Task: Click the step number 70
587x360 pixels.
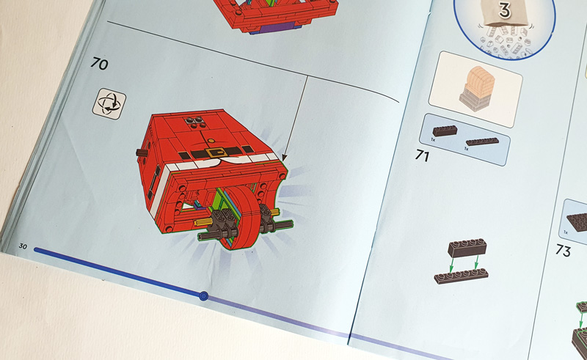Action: click(x=99, y=63)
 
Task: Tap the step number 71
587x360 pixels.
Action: click(x=423, y=155)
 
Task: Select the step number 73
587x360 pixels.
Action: click(x=563, y=250)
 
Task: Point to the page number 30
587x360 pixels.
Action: click(x=23, y=246)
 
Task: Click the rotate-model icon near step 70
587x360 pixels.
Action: click(x=109, y=103)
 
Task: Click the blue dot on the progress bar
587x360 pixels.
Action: click(x=203, y=296)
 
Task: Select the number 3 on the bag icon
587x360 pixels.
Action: click(x=504, y=10)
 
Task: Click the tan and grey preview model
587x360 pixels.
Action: click(x=476, y=89)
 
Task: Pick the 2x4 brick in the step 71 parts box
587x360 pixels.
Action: click(x=445, y=131)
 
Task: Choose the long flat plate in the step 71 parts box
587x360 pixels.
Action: click(x=482, y=142)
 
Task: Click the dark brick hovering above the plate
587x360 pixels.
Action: click(x=467, y=248)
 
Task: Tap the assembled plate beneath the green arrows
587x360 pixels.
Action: click(x=462, y=276)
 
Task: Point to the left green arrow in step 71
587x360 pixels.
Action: click(x=451, y=265)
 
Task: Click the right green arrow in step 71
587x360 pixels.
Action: click(x=475, y=262)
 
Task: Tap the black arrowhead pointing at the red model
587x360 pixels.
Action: click(x=284, y=158)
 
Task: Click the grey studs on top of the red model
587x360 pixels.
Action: click(x=194, y=122)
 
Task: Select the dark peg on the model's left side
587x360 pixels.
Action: click(x=142, y=153)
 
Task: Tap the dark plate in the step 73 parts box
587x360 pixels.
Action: click(x=577, y=221)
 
